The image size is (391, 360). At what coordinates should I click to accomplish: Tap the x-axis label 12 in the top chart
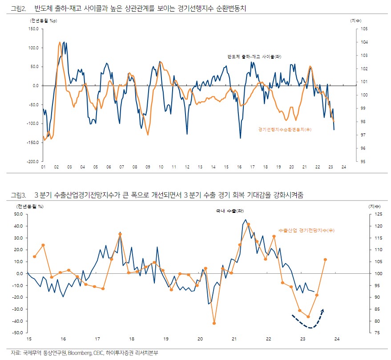(187, 167)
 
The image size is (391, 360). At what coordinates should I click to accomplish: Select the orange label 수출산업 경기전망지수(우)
(306, 230)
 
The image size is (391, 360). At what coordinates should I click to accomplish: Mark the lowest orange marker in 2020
(214, 323)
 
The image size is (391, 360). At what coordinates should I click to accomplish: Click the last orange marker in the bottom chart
(325, 260)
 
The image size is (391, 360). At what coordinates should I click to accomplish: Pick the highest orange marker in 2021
(248, 224)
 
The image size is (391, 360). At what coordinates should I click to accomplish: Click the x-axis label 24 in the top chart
(344, 167)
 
